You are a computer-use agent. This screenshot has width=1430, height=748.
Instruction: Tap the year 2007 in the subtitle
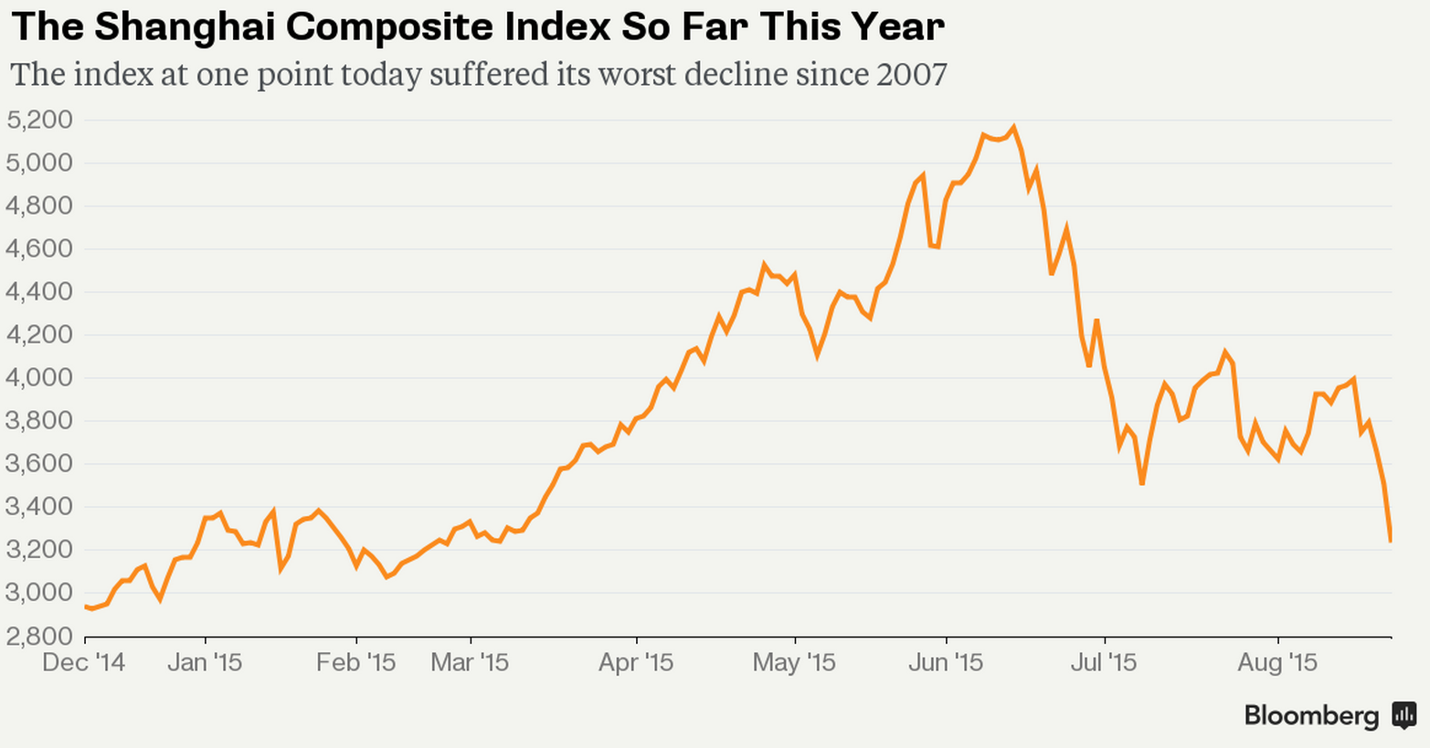coord(911,74)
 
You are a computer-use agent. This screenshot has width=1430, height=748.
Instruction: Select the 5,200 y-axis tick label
coord(38,120)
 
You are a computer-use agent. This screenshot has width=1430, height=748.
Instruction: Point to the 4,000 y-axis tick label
coord(38,377)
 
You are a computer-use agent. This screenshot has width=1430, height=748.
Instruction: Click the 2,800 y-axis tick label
coord(38,636)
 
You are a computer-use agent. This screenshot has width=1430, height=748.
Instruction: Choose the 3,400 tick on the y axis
coord(38,506)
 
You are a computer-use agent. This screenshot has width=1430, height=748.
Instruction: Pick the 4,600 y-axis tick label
coord(38,248)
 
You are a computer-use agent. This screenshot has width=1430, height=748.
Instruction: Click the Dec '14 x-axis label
coord(84,662)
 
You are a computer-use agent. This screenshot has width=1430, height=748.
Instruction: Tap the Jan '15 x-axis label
coord(205,662)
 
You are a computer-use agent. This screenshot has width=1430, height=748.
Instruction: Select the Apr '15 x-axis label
coord(636,662)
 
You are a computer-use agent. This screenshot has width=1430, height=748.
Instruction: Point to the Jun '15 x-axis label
coord(946,662)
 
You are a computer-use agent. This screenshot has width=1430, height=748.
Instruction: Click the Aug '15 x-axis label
coord(1277,662)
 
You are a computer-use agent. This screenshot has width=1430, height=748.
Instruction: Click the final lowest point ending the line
coord(1391,542)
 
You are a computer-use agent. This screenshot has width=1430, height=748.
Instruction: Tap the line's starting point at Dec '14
coord(85,606)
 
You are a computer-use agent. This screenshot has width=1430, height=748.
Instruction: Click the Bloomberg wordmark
coord(1311,716)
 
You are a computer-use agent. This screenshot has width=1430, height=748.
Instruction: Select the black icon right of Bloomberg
coord(1404,715)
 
